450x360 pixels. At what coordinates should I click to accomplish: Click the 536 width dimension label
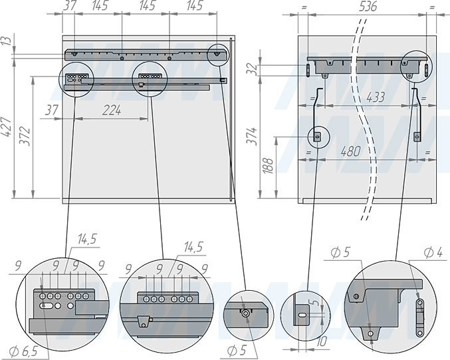(x=368, y=6)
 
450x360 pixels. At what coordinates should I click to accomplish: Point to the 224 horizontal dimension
(x=112, y=110)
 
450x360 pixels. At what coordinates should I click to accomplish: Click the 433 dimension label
(x=376, y=97)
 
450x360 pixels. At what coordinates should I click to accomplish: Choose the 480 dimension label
(x=351, y=151)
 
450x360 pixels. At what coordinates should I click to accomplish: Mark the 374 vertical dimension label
(x=252, y=136)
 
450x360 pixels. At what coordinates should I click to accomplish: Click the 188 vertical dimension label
(x=268, y=166)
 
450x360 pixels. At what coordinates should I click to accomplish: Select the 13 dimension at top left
(x=8, y=40)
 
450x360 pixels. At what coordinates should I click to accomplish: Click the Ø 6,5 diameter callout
(x=23, y=351)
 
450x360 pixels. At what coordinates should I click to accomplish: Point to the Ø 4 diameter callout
(x=433, y=253)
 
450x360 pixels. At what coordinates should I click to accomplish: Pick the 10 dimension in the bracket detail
(x=322, y=341)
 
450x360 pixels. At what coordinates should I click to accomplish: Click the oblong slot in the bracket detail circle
(x=302, y=315)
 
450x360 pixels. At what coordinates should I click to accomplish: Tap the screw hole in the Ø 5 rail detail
(x=245, y=313)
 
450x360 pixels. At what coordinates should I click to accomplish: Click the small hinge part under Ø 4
(x=420, y=318)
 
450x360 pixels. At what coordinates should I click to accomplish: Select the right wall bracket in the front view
(x=417, y=115)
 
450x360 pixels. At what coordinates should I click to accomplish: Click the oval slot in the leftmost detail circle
(x=46, y=305)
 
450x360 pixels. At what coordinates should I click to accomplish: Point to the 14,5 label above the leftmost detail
(x=87, y=239)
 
